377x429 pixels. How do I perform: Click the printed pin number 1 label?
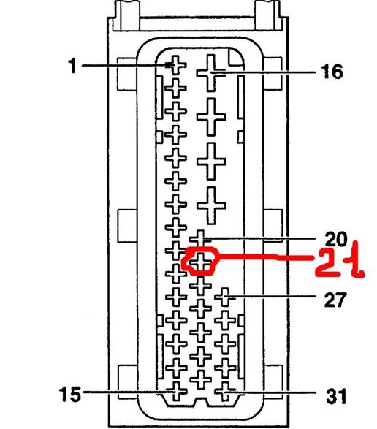72,66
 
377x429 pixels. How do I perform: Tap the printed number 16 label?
332,72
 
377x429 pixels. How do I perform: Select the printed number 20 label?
336,239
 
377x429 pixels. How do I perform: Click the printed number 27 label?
335,300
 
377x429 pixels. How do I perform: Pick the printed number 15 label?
70,394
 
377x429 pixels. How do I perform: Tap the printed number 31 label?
336,396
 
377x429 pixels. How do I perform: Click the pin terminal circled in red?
200,262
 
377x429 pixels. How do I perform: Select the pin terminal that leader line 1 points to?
176,65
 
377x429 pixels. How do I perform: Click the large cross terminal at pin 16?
211,73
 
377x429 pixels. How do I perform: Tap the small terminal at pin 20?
200,239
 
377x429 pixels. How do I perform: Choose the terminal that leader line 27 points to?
225,297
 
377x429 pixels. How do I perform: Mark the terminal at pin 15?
177,392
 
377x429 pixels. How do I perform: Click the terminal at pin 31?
225,392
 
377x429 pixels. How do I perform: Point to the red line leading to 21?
264,257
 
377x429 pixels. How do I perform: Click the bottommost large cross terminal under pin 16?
211,205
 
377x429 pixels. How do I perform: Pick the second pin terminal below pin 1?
176,111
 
